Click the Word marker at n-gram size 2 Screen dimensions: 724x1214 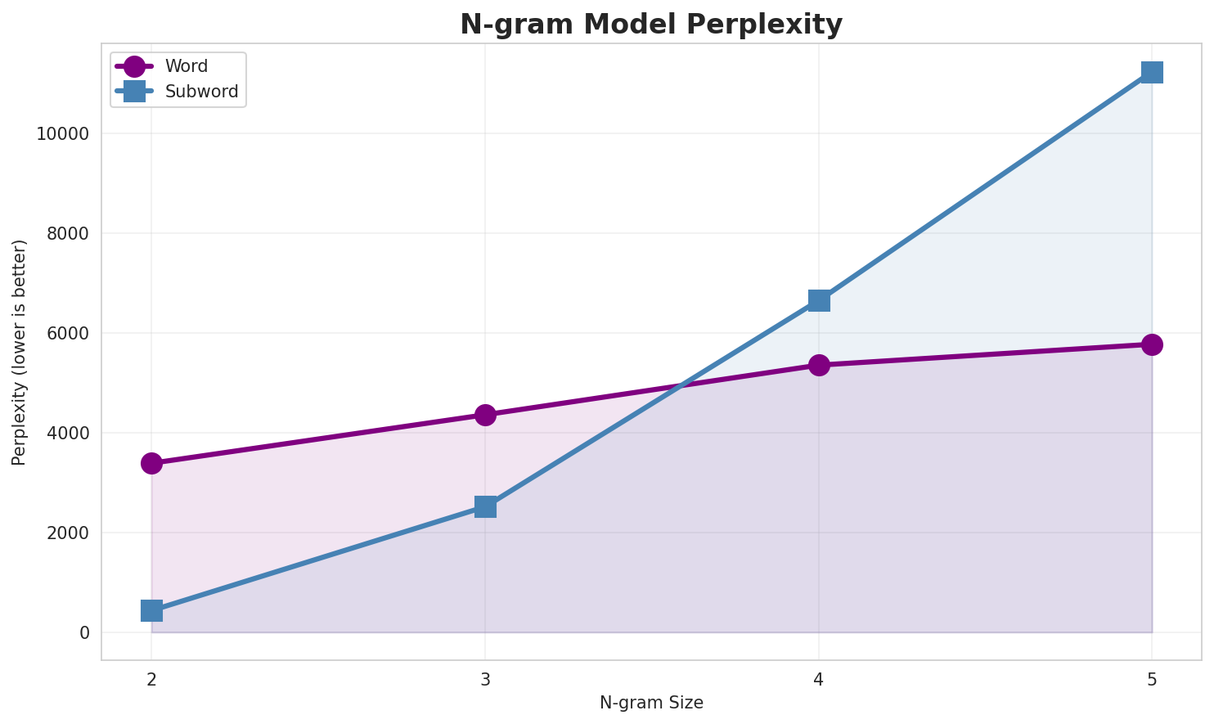(x=151, y=463)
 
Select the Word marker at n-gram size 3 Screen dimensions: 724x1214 (x=485, y=415)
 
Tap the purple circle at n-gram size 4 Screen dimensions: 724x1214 (x=819, y=365)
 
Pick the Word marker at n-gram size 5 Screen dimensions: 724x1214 (x=1152, y=344)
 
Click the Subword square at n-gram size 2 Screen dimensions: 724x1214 (x=151, y=610)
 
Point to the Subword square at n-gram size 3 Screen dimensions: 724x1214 (x=485, y=507)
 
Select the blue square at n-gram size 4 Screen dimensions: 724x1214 (x=819, y=300)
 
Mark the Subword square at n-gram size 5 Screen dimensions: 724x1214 (x=1152, y=72)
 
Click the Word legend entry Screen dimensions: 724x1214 (x=186, y=66)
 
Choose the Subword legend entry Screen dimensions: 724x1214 (x=201, y=92)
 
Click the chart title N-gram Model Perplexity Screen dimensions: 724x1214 (x=651, y=25)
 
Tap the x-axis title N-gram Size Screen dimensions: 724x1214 (x=651, y=703)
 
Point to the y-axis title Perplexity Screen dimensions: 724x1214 (x=20, y=352)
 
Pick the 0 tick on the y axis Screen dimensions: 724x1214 (x=84, y=632)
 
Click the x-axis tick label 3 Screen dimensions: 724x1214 (x=485, y=679)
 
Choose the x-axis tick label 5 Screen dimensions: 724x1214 (x=1152, y=679)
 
